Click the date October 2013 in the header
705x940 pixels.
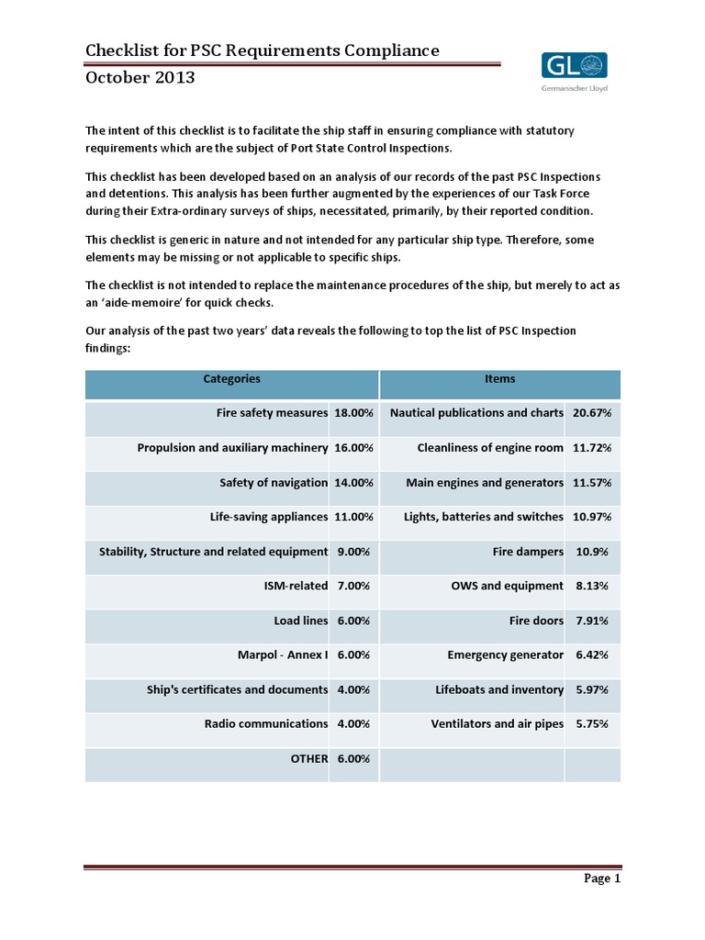pyautogui.click(x=140, y=77)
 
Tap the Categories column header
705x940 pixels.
pyautogui.click(x=231, y=379)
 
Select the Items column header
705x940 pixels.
pyautogui.click(x=499, y=379)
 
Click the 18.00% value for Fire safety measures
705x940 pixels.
pyautogui.click(x=353, y=413)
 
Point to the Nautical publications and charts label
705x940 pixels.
pyautogui.click(x=476, y=413)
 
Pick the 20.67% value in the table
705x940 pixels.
pyautogui.click(x=592, y=413)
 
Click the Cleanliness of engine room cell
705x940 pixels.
pyautogui.click(x=490, y=448)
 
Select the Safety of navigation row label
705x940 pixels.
pyautogui.click(x=274, y=483)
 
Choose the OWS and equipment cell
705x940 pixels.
pyautogui.click(x=507, y=586)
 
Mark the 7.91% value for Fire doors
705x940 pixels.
pyautogui.click(x=592, y=621)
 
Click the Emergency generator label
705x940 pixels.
pyautogui.click(x=505, y=655)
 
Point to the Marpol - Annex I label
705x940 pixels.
pyautogui.click(x=282, y=655)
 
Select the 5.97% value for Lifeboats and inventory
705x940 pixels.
pyautogui.click(x=592, y=689)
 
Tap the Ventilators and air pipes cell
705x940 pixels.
pyautogui.click(x=497, y=724)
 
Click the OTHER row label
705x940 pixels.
pyautogui.click(x=308, y=759)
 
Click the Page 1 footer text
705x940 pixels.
pyautogui.click(x=603, y=878)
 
